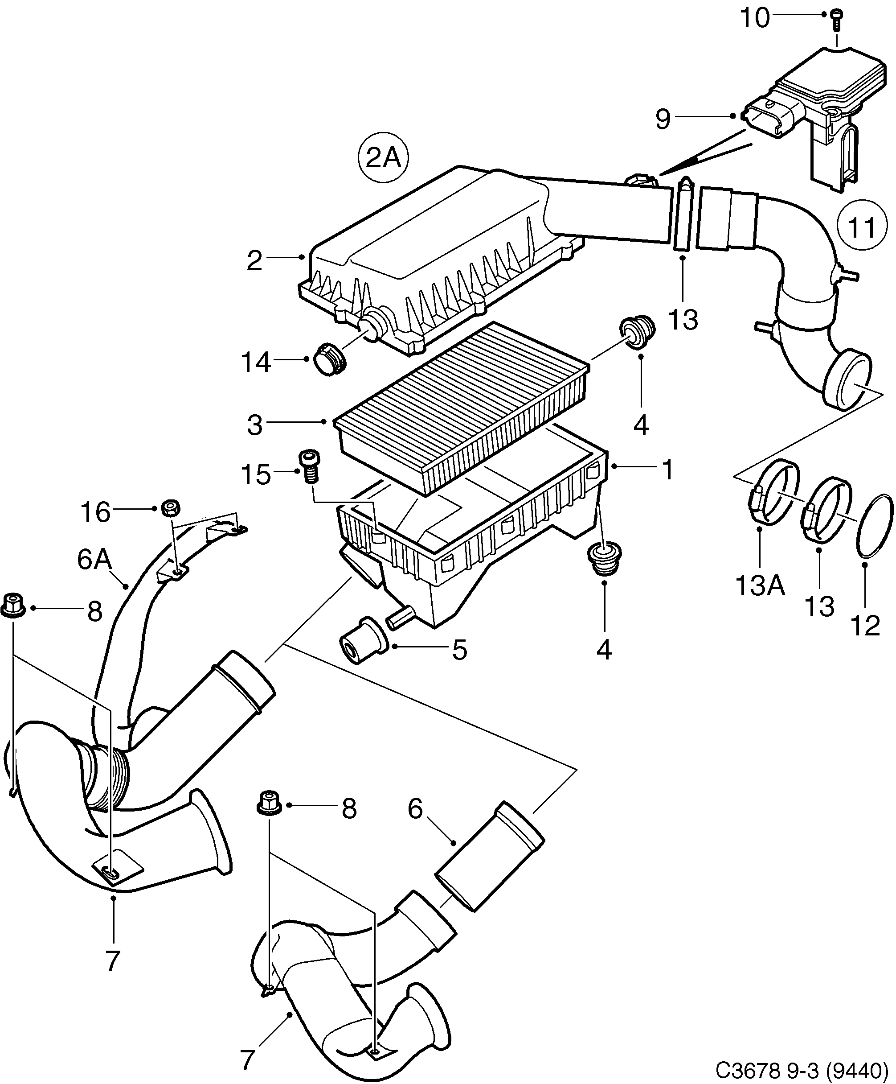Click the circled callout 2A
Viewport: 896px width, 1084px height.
(x=383, y=158)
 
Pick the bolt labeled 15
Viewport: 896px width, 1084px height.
(x=308, y=465)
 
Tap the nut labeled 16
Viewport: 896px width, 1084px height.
(x=171, y=508)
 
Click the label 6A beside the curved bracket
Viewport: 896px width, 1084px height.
(x=94, y=560)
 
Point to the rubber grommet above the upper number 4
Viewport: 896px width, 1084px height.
(x=637, y=334)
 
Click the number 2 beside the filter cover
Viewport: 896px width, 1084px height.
(x=255, y=261)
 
